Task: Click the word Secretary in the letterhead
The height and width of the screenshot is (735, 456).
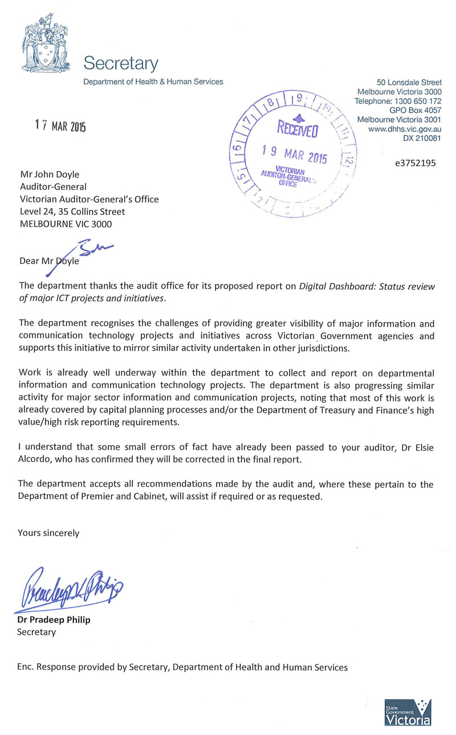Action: click(121, 63)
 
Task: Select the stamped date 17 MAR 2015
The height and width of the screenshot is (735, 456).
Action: click(60, 126)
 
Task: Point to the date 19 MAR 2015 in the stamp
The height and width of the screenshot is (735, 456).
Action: click(294, 156)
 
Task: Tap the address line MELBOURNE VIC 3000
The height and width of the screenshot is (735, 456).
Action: click(66, 224)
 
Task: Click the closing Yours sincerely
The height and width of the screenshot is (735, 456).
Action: click(48, 533)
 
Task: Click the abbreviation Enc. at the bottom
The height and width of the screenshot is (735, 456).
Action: click(26, 667)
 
